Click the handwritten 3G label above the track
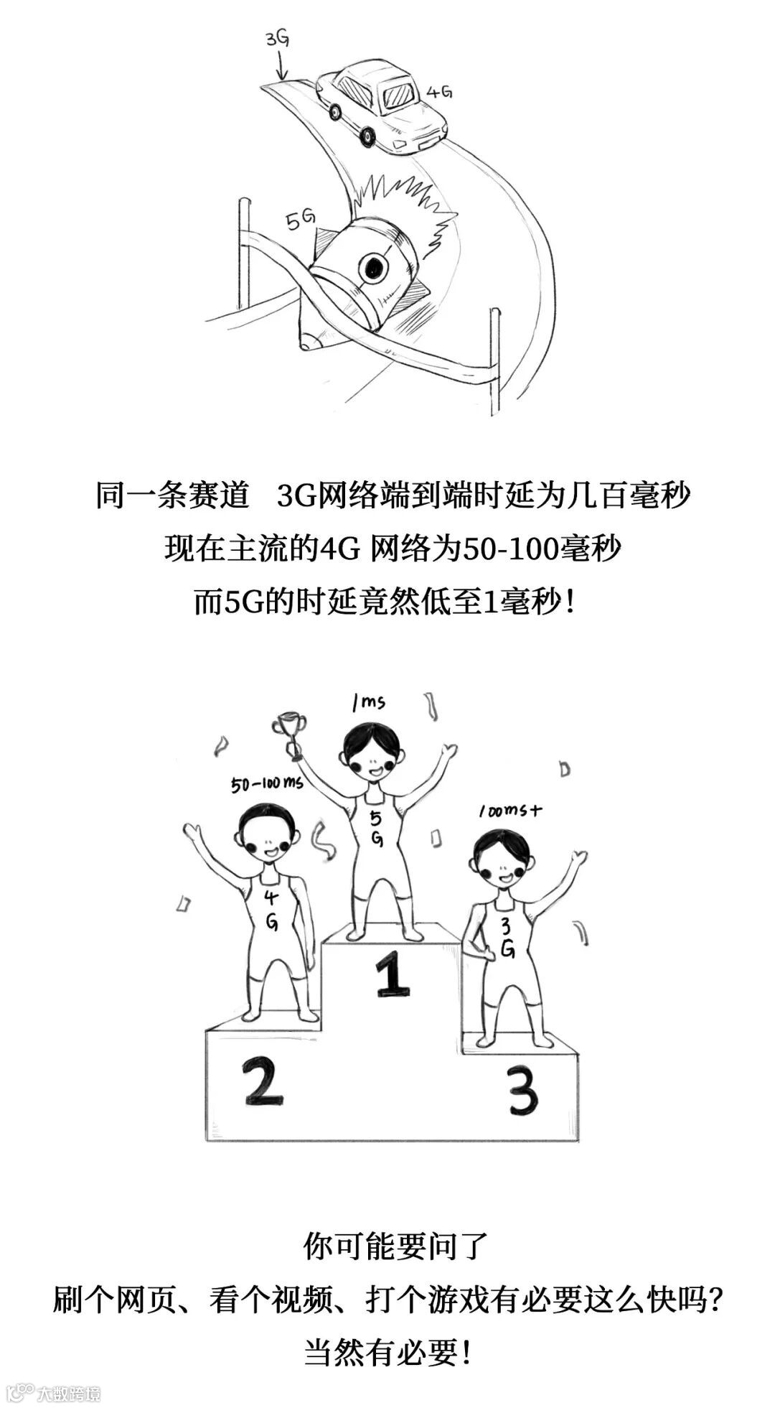[277, 39]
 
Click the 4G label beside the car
[439, 92]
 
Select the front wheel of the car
[367, 136]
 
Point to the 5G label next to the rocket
[301, 220]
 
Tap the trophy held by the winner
[289, 733]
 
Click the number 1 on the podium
[392, 972]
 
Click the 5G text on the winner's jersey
[376, 829]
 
